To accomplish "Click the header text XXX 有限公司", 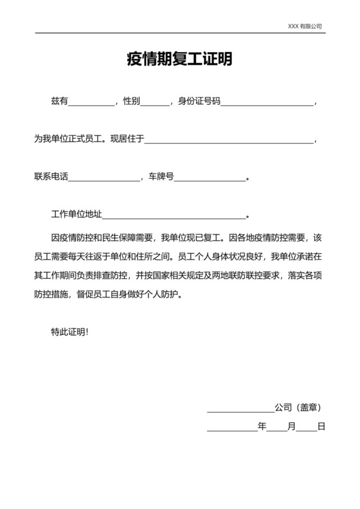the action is coord(305,26).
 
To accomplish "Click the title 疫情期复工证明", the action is coord(179,60).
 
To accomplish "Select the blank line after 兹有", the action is coord(91,103).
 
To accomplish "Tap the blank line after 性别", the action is coord(154,103).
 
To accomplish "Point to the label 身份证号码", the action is coord(199,101).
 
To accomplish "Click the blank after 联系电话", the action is coord(104,178).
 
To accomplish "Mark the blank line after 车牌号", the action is coord(210,178).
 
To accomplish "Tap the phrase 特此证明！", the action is coord(70,332).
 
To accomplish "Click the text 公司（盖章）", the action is coord(298,407).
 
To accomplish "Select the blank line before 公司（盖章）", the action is coord(240,409).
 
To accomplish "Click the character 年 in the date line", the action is coord(262,426).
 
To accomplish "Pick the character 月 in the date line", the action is coord(291,426).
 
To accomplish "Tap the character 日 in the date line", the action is coord(321,426).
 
